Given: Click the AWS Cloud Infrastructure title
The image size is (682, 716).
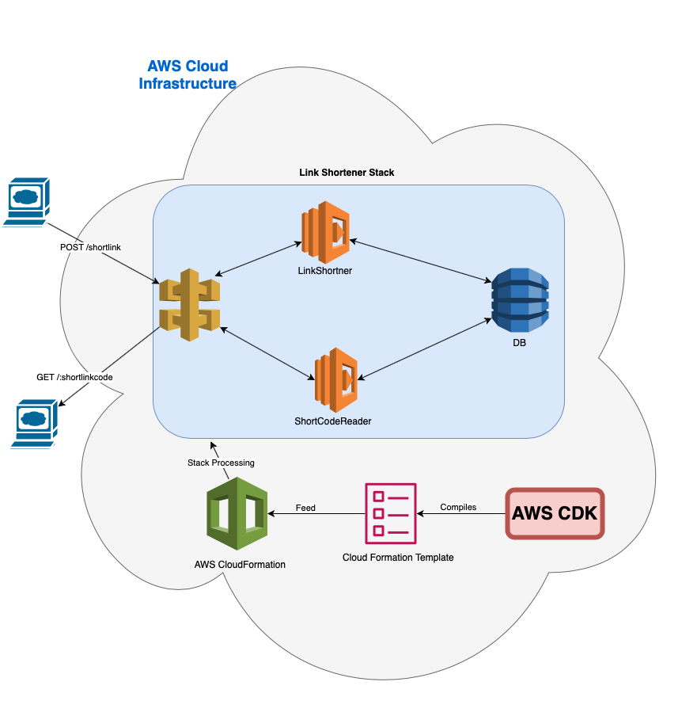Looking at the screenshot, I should (x=188, y=74).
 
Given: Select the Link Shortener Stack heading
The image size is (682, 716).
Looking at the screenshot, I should (x=347, y=172).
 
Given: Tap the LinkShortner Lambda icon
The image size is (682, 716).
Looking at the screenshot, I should (x=324, y=231).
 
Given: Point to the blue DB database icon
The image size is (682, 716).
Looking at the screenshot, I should (x=519, y=300).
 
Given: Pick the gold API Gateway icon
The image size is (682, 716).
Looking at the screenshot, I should (x=189, y=305).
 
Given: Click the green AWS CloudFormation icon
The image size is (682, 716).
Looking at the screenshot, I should (x=236, y=513).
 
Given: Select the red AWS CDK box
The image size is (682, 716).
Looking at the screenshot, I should (x=555, y=513).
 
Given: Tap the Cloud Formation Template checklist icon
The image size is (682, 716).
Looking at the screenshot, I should (x=390, y=513).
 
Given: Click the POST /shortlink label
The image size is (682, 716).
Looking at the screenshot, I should (x=90, y=247).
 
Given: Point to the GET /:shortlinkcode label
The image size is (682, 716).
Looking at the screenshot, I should (x=74, y=377).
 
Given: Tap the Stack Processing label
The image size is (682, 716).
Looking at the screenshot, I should (x=221, y=463).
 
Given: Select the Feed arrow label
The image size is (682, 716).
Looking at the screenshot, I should (x=305, y=508).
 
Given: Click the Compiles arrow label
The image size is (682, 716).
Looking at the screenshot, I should (x=458, y=507).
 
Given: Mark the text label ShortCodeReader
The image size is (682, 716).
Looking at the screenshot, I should (x=332, y=421).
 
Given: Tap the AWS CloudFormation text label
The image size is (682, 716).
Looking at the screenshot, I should (x=240, y=565).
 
